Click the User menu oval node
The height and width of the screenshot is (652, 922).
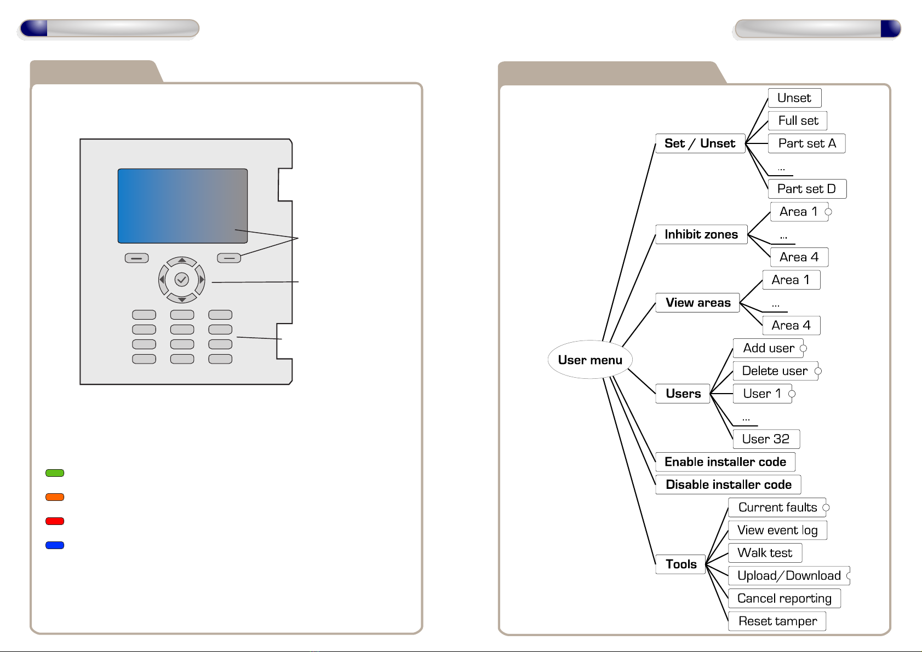590,360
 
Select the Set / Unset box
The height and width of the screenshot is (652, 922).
700,143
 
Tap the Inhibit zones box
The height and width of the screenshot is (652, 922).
701,234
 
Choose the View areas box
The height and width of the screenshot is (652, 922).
698,303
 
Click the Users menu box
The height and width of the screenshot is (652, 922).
683,394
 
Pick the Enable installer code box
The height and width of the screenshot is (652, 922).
725,462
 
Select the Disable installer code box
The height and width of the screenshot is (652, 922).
729,484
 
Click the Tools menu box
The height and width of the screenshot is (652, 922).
681,564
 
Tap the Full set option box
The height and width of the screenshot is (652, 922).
798,120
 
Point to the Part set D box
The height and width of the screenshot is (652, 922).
806,189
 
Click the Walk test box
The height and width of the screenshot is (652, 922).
765,553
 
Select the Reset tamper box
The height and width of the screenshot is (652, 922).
777,621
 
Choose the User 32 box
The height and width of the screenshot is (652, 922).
766,439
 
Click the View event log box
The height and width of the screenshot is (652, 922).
777,530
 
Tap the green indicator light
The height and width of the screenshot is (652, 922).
55,473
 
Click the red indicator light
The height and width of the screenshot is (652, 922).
55,521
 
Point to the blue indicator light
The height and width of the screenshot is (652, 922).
55,545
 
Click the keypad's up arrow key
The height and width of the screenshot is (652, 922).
182,261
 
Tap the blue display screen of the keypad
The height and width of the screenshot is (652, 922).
182,206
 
